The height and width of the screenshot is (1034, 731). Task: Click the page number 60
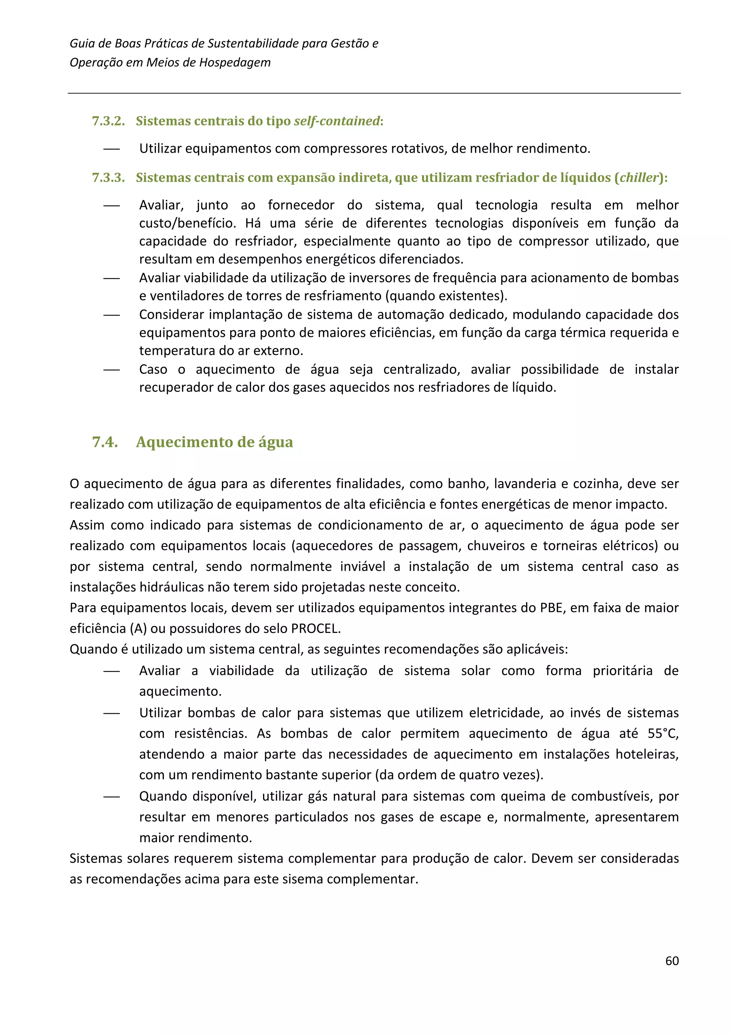[671, 960]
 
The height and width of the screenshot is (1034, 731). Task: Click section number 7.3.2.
[108, 121]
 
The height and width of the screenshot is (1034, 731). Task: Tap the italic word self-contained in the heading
[337, 121]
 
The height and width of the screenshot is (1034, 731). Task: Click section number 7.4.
[105, 442]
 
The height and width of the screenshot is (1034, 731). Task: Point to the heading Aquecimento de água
[215, 442]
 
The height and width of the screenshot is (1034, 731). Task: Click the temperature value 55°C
[662, 734]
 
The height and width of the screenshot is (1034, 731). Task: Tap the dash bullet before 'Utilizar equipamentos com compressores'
[111, 149]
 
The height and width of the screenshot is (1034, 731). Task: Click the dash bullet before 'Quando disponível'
[111, 796]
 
